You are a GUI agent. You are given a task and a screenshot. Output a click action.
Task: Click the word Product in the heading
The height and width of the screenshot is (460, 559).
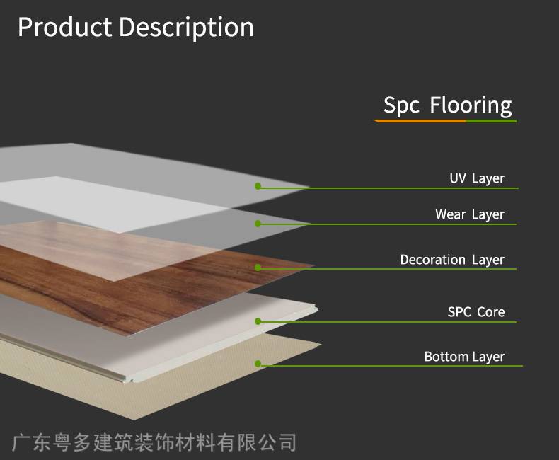pos(65,27)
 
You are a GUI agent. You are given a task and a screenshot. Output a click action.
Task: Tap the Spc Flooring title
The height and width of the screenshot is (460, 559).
pos(447,105)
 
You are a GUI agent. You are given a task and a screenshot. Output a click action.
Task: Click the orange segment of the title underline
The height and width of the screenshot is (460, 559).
pos(420,121)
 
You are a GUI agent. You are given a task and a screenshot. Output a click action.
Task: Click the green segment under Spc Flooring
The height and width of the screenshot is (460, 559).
pos(491,121)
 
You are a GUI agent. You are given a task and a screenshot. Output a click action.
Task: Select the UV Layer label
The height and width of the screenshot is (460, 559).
pos(477,178)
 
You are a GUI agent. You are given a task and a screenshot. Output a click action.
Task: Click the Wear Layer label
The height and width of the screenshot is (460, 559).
pos(470,214)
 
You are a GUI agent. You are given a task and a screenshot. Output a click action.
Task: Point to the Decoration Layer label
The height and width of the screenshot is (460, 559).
pos(452,260)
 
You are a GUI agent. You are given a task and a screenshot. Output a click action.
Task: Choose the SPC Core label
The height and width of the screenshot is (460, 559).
pos(476,312)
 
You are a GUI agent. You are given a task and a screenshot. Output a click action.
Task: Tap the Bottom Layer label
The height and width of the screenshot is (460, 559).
pos(464,357)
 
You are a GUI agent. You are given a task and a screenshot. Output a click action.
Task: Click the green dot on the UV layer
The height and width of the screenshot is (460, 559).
pos(258,186)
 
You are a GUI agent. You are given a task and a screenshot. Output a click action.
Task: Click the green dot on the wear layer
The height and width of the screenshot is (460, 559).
pos(258,224)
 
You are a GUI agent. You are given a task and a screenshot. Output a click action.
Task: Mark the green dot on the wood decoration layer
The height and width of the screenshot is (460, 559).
pos(258,268)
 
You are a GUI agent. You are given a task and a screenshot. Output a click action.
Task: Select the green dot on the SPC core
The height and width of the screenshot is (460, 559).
pos(258,321)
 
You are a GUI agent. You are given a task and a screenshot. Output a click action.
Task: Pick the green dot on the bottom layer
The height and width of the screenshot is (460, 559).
pos(258,364)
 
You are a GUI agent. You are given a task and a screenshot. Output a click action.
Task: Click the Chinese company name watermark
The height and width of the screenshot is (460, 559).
pos(154,442)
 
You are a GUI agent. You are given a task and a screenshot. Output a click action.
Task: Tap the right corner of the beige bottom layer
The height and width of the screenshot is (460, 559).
pos(321,344)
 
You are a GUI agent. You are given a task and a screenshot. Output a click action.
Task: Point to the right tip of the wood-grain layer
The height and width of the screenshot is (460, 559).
pos(314,265)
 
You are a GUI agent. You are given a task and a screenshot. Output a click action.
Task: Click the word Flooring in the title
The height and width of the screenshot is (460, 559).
pos(471,105)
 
